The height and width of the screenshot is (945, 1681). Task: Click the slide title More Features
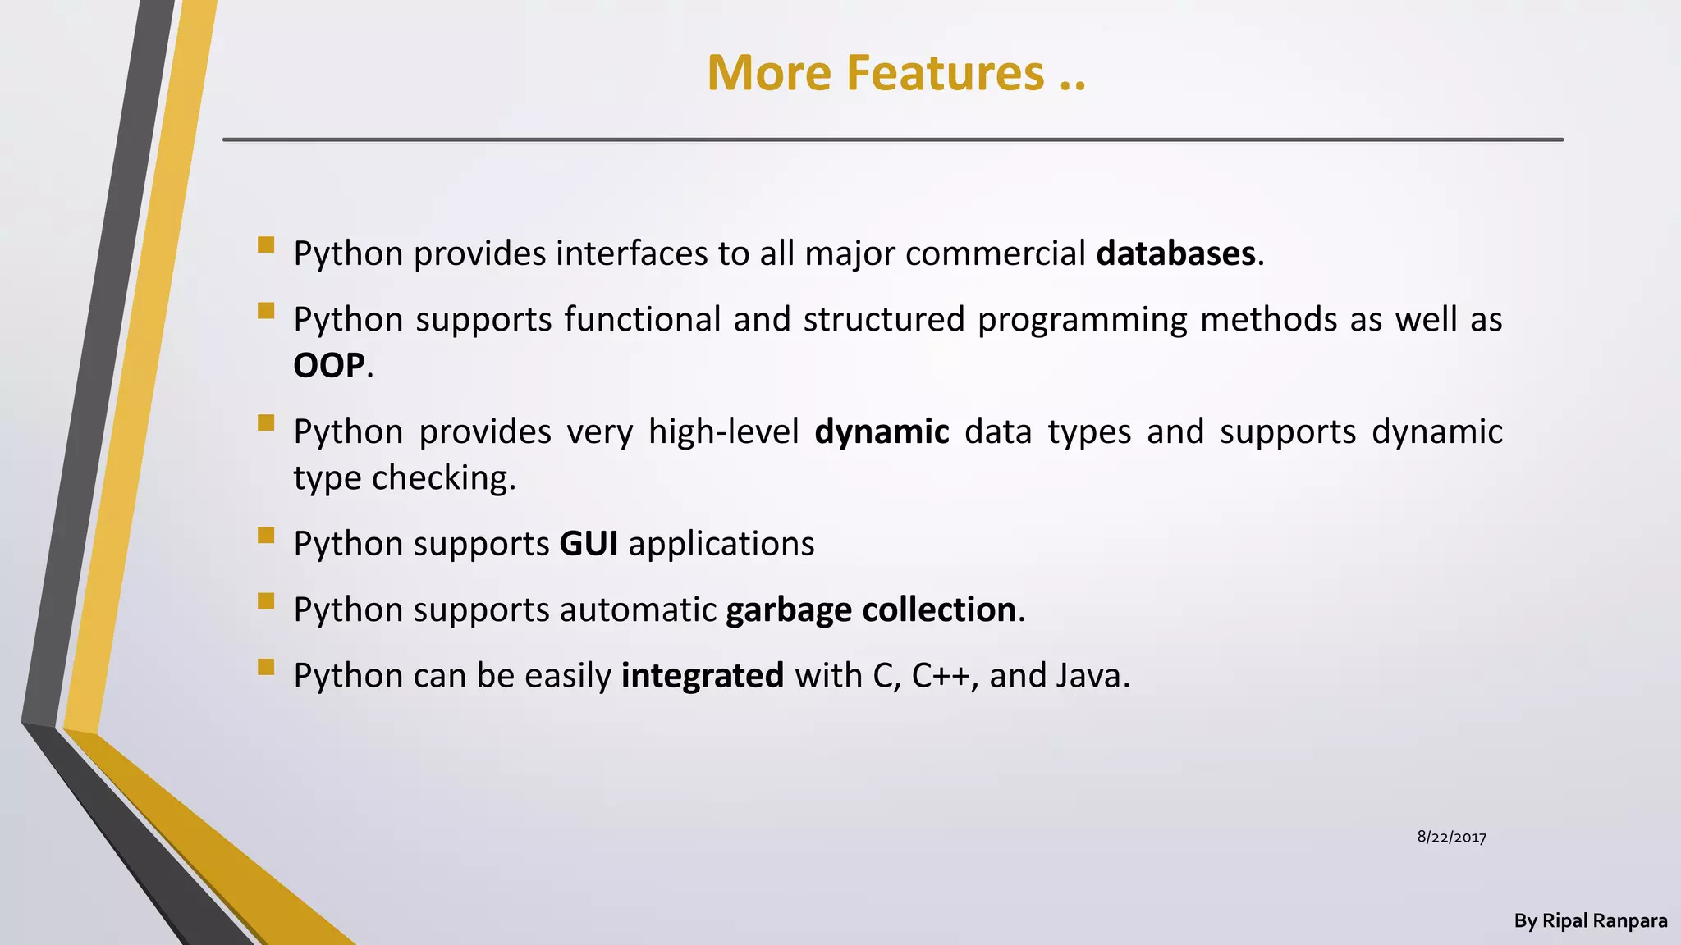tap(896, 74)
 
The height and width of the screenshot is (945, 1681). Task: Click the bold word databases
tap(1175, 254)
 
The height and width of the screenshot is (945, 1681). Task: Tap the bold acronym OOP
tap(329, 366)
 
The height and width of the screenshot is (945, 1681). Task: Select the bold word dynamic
tap(882, 432)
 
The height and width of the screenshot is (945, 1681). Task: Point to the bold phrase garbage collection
tap(871, 610)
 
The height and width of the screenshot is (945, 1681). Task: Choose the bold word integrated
tap(702, 677)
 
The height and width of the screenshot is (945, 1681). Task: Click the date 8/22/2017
tap(1451, 838)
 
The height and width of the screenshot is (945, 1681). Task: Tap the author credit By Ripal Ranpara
tap(1590, 921)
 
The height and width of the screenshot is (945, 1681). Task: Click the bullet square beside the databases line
tap(265, 244)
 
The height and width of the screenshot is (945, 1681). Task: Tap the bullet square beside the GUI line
tap(265, 536)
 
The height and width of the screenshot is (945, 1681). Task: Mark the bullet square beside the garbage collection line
tap(265, 601)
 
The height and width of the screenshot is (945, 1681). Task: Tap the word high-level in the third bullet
tap(723, 432)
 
